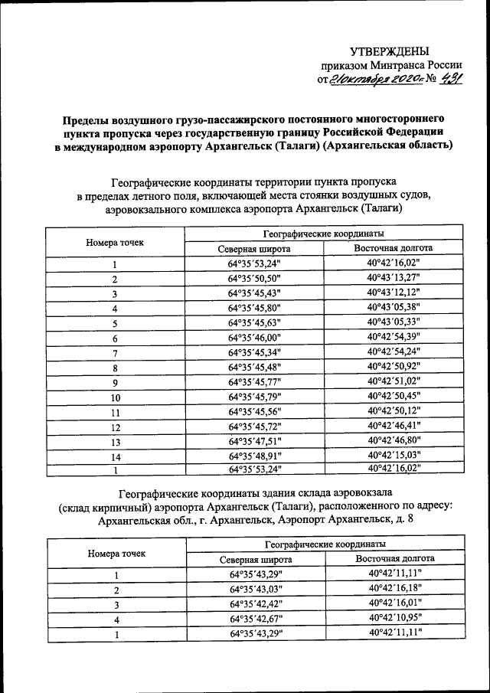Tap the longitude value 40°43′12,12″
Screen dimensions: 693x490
tap(394, 293)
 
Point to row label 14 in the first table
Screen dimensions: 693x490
tap(115, 456)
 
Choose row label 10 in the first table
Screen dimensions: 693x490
tap(115, 397)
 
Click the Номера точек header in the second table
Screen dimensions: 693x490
tap(115, 552)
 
